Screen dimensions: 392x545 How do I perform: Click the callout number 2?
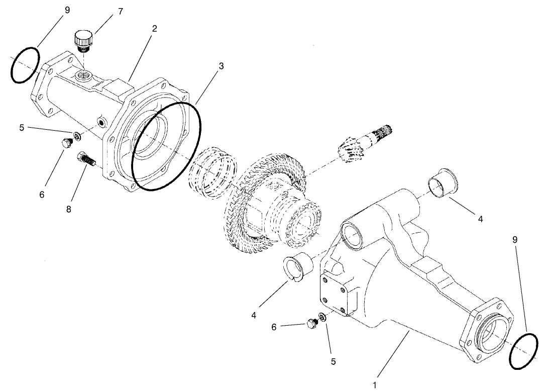tap(154, 29)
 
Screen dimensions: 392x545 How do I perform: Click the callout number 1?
tap(374, 385)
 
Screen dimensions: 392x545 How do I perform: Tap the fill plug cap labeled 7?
tap(83, 40)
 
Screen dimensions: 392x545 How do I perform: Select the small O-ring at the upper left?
tap(25, 65)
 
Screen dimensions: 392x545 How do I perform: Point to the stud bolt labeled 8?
tap(87, 161)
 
